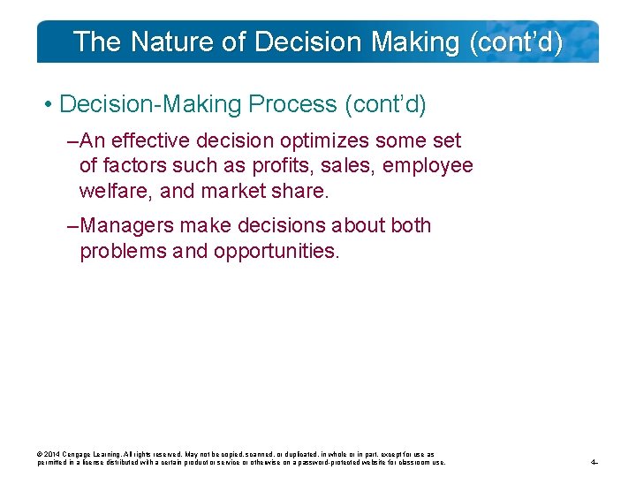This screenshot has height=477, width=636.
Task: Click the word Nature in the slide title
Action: tap(159, 42)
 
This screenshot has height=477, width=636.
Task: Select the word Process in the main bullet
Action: tap(292, 105)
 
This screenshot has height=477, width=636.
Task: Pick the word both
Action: tap(410, 226)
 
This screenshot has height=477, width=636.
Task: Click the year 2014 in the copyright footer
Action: tap(54, 454)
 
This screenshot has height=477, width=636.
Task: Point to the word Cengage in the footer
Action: tap(81, 454)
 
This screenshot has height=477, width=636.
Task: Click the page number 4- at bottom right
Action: tap(594, 462)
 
